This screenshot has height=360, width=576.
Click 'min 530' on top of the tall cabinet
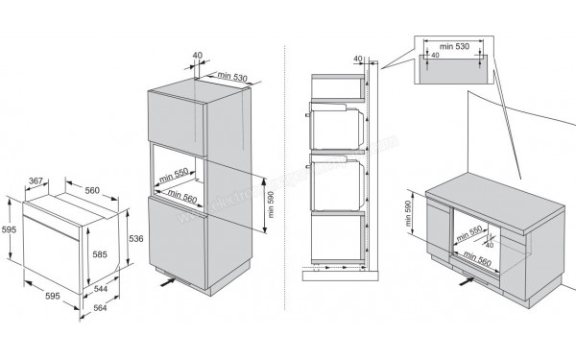coord(233,76)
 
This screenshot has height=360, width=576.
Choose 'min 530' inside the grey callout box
coord(452,45)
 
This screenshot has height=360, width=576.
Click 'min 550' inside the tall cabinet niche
coord(176,178)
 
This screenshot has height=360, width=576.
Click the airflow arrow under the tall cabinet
coord(169,281)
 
